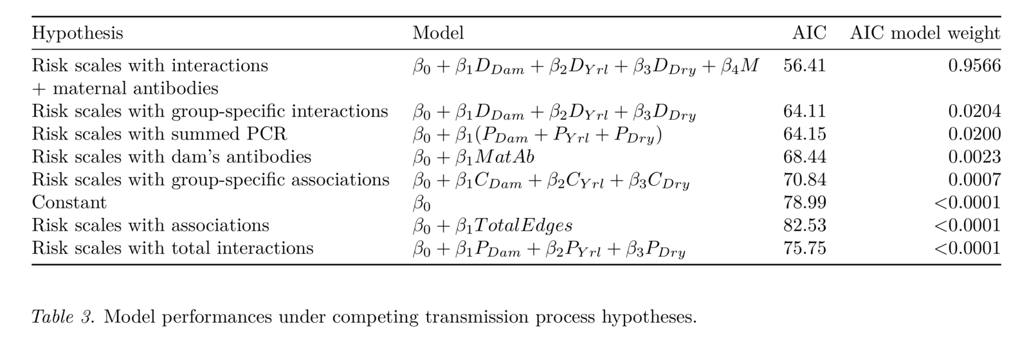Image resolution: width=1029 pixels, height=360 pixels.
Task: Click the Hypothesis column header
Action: pos(78,33)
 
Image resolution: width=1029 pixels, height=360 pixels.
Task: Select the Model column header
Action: pos(438,33)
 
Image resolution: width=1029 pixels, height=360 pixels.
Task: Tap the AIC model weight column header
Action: pos(925,33)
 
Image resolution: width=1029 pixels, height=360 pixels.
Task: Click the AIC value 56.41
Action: pos(805,66)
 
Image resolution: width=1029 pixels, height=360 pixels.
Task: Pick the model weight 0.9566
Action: pos(974,66)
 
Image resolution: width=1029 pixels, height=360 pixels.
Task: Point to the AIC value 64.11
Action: pos(805,111)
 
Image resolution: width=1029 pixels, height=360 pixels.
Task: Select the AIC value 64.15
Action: pos(805,134)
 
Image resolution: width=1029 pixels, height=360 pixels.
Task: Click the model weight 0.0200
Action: pos(974,134)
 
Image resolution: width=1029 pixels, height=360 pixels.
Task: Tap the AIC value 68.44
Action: pos(805,157)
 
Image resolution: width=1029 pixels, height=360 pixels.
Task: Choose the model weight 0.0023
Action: pos(974,157)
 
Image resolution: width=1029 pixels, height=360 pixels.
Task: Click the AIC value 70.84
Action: pos(805,180)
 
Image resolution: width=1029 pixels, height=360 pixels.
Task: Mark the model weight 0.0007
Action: pos(974,180)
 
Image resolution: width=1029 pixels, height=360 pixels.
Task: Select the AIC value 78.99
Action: pos(805,203)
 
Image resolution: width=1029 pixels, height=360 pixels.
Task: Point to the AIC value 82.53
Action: pos(805,226)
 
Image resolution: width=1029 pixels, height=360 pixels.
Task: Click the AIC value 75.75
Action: pos(805,248)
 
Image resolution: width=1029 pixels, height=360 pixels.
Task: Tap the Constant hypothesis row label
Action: pos(69,203)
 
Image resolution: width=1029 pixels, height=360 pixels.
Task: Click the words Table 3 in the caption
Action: pos(64,317)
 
